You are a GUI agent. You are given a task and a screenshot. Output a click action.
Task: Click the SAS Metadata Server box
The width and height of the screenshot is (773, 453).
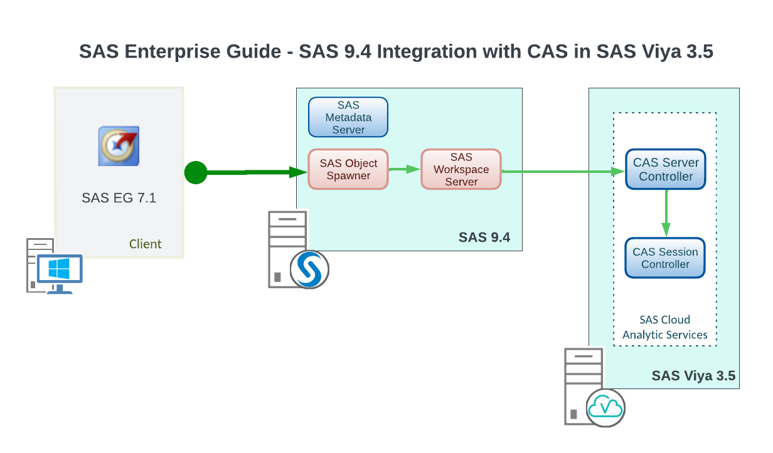click(348, 117)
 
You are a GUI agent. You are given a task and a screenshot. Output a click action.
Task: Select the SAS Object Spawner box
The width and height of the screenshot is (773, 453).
click(348, 169)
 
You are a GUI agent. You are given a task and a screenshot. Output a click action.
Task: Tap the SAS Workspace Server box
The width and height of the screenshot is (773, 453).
click(461, 169)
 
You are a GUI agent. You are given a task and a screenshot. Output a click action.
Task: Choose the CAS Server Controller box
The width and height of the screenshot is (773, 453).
click(666, 169)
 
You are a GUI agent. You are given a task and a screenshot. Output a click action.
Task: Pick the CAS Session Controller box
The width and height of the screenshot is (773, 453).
click(665, 258)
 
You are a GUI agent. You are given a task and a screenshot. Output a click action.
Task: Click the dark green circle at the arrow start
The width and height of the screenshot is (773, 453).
click(196, 172)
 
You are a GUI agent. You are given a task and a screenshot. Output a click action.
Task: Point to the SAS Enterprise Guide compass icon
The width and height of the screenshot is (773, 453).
click(119, 146)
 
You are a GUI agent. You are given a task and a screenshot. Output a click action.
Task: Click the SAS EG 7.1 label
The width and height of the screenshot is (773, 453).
click(119, 198)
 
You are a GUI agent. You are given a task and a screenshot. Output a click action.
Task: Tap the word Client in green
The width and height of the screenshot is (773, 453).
click(145, 244)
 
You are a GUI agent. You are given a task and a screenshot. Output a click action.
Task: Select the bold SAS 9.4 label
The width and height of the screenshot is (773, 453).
click(484, 237)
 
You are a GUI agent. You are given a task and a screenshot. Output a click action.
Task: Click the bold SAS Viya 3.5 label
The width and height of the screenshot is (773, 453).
click(693, 376)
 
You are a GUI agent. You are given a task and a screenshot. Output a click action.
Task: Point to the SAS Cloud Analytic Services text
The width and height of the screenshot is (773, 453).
click(665, 327)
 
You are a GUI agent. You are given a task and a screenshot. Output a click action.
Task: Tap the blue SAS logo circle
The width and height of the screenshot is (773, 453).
click(309, 269)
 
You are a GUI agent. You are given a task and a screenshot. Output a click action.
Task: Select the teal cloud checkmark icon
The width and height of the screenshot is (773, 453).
click(606, 407)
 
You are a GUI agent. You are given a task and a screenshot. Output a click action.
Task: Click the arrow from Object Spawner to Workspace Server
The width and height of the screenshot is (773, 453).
click(405, 169)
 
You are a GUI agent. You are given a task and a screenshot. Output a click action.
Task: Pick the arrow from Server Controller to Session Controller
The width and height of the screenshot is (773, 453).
click(666, 213)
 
